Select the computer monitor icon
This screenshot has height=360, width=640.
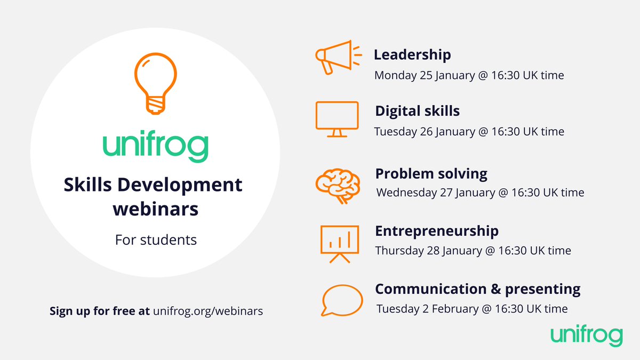click(x=337, y=118)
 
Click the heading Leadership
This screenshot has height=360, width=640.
click(x=412, y=54)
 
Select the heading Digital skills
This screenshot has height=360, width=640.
click(x=417, y=111)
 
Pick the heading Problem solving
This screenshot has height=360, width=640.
click(x=431, y=174)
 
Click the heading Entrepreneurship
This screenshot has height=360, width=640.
click(x=437, y=231)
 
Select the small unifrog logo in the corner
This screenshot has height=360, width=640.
click(x=586, y=336)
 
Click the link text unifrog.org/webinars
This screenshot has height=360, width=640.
click(x=208, y=311)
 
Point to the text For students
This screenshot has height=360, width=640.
click(x=156, y=240)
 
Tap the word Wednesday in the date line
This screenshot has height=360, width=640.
click(x=406, y=193)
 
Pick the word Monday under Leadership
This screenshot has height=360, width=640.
click(x=395, y=75)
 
